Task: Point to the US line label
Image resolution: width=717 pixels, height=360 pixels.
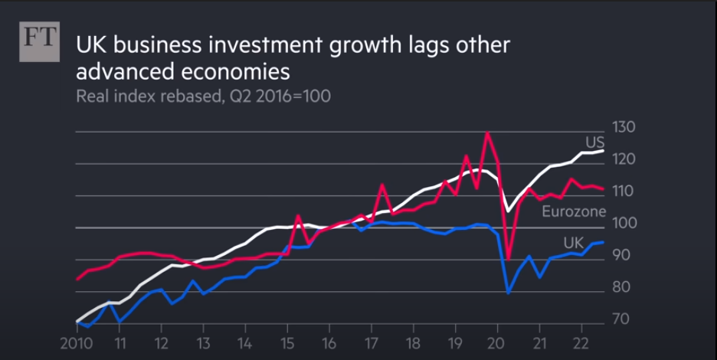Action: [594, 142]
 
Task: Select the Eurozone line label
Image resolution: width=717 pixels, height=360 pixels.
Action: [574, 211]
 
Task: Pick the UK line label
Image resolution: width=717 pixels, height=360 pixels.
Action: [573, 243]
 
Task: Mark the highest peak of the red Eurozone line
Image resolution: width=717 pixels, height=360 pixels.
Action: [486, 133]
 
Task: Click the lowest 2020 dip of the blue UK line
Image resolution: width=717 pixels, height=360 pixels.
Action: [508, 292]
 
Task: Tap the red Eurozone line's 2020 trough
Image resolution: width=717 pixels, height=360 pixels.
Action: [508, 260]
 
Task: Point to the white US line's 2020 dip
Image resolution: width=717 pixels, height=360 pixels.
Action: [506, 211]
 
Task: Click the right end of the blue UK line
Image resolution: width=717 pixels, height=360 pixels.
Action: [603, 242]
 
